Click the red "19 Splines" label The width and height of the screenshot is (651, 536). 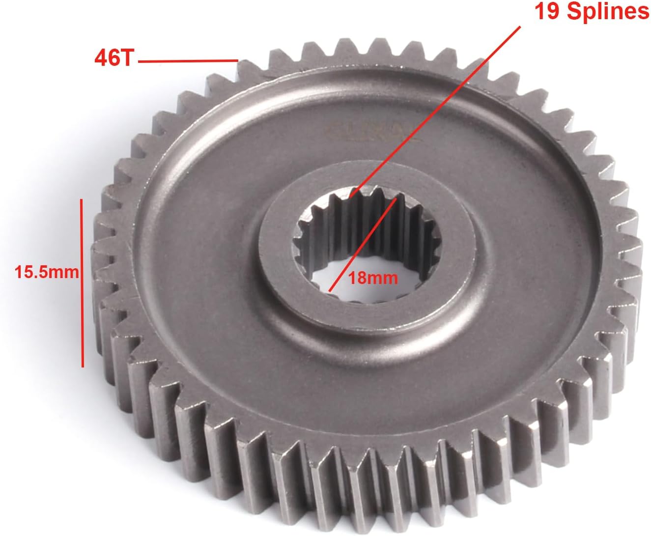point(591,12)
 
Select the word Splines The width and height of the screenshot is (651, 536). point(608,12)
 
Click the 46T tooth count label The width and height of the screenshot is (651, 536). point(113,59)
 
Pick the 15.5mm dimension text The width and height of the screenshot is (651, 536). point(47,272)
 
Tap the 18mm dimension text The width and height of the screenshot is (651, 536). point(372,278)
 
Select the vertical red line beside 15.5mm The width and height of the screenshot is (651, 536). point(83,282)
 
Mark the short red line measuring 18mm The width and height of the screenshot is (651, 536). point(363,245)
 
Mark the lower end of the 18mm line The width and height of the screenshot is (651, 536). point(330,291)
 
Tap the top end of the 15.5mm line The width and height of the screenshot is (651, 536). point(83,199)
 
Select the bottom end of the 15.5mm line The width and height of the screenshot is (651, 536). point(83,366)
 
